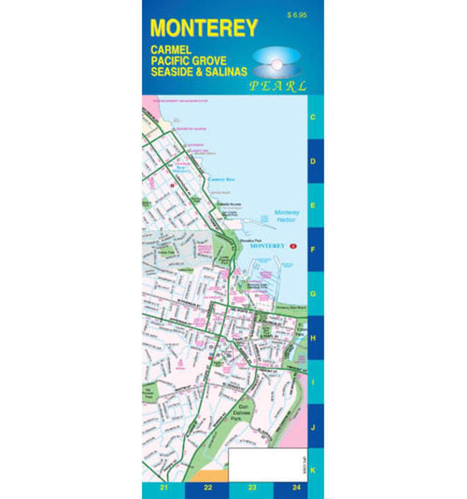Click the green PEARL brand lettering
[278, 87]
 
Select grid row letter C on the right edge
[314, 116]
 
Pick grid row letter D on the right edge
[314, 161]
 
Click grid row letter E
[314, 206]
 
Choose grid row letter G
[314, 294]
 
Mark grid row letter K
[314, 470]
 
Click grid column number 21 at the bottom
[163, 489]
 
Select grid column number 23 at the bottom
[252, 489]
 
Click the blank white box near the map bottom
[264, 465]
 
